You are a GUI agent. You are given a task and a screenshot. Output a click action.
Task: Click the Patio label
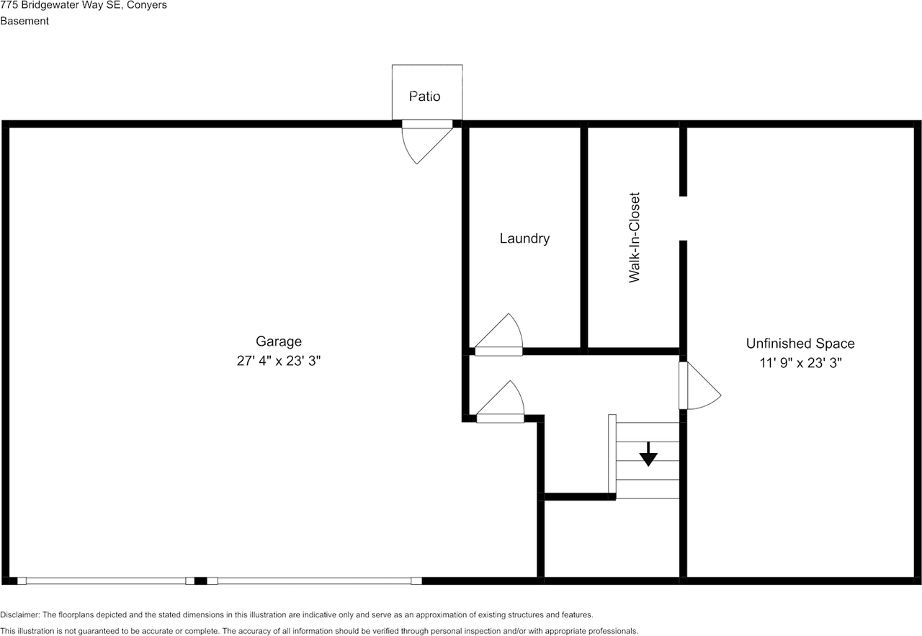tap(424, 97)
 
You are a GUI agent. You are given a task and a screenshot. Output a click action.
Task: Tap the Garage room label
tap(279, 341)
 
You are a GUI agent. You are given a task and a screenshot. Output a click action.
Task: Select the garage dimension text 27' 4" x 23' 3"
tap(279, 361)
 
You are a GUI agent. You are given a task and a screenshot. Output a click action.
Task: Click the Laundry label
tap(524, 238)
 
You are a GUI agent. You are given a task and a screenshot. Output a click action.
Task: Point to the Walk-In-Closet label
tap(635, 238)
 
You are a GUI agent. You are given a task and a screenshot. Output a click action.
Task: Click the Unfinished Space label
tap(800, 344)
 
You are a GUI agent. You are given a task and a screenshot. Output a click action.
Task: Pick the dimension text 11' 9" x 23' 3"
tap(800, 363)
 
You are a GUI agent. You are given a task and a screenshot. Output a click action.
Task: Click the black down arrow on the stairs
tap(648, 454)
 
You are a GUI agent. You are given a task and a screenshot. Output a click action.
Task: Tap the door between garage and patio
tap(427, 142)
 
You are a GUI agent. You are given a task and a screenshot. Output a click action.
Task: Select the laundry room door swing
tap(499, 335)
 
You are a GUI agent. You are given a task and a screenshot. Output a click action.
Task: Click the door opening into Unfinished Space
tap(699, 385)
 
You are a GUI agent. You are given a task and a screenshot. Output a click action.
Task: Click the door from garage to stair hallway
tap(500, 402)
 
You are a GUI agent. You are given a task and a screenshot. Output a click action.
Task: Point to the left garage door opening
tap(106, 581)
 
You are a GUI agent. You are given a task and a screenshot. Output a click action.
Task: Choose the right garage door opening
tap(314, 581)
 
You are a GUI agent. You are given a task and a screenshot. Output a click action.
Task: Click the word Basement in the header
tap(24, 21)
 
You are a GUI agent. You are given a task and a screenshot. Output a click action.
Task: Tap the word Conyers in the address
tap(146, 5)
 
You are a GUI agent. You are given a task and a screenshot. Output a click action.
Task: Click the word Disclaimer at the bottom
tap(19, 615)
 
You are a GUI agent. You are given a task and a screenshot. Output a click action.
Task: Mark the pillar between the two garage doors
tap(200, 581)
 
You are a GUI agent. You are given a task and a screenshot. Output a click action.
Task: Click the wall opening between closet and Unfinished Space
tap(683, 218)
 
